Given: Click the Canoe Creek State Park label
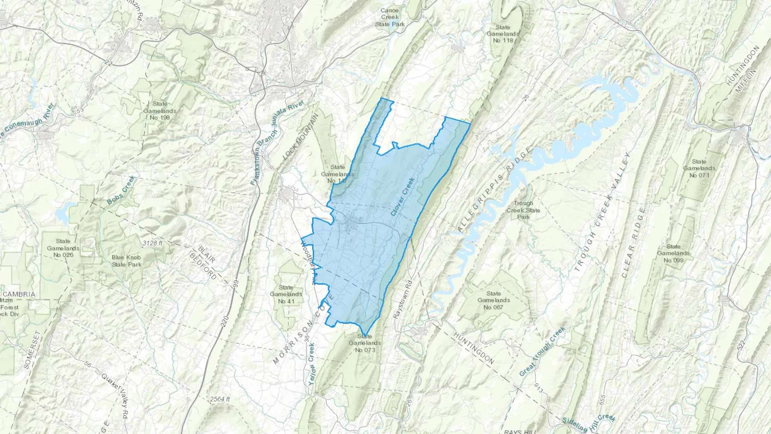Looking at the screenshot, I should [390, 17].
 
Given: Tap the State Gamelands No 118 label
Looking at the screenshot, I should [503, 34].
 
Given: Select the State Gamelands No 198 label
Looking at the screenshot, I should [160, 111].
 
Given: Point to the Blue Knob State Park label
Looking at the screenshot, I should [127, 261].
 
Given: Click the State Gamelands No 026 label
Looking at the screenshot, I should [63, 248].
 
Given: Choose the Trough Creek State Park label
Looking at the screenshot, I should [523, 210].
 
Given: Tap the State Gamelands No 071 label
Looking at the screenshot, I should [699, 168].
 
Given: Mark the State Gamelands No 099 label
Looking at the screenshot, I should [673, 253].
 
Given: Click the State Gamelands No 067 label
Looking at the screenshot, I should [493, 300].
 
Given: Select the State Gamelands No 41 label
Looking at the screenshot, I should [286, 294].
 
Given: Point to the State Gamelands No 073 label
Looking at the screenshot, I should [365, 343].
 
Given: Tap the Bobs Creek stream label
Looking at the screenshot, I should [121, 190].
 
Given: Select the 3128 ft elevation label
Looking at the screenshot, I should [152, 243].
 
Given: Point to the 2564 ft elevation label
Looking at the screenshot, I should [220, 399].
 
